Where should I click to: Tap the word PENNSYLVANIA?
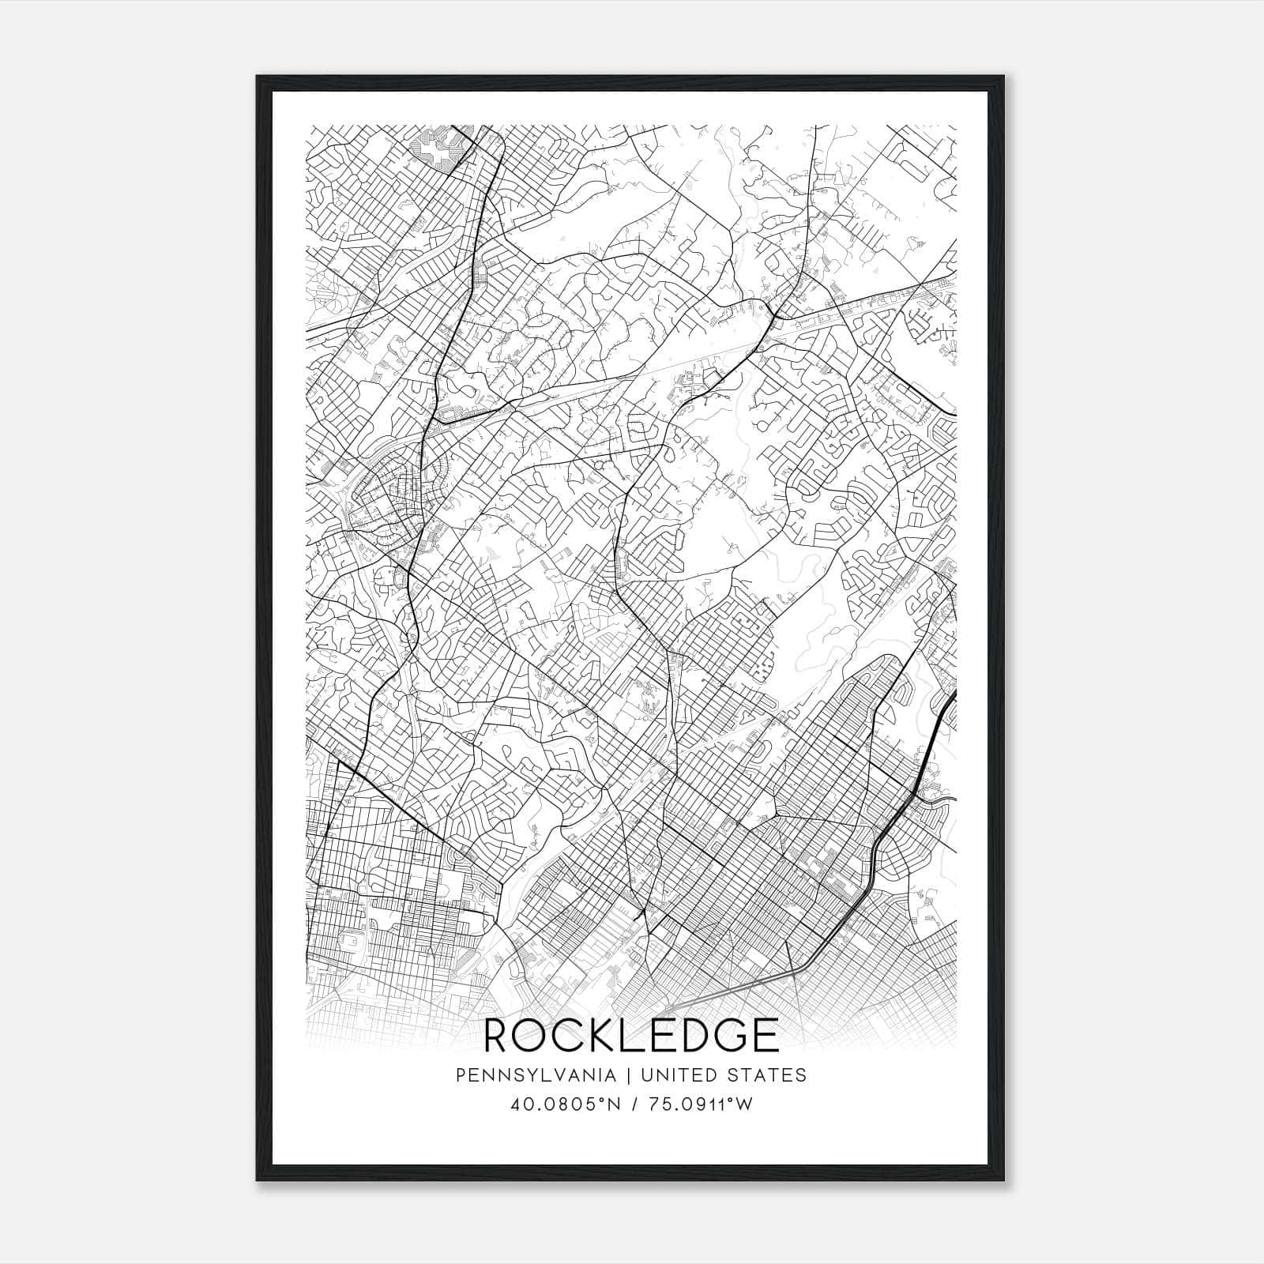pos(536,1075)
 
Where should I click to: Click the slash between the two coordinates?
pos(634,1104)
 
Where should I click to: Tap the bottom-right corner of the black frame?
pos(1006,1179)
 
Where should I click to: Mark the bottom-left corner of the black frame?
pos(258,1179)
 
